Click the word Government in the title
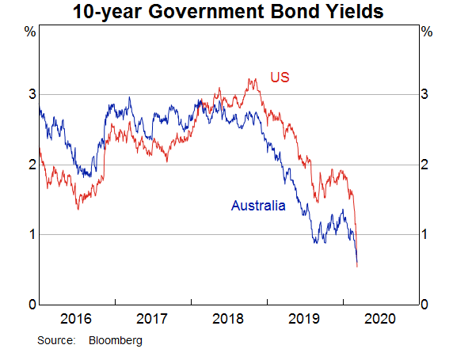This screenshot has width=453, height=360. [x=206, y=12]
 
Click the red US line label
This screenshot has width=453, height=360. [x=280, y=77]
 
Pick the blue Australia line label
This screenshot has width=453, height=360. [x=258, y=206]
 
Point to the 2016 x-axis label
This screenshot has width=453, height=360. [x=76, y=319]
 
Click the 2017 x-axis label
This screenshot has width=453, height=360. [x=152, y=319]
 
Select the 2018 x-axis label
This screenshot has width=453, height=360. [x=227, y=319]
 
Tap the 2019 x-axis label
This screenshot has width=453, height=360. [x=304, y=319]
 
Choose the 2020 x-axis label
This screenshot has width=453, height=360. [x=380, y=319]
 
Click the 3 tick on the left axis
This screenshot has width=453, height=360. [x=32, y=94]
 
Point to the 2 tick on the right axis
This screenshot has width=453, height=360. [x=424, y=165]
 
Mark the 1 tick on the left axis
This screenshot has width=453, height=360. [x=32, y=234]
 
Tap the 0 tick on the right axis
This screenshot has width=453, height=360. [x=424, y=305]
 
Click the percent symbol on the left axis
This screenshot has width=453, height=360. [x=30, y=32]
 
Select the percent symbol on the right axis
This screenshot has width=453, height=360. [x=427, y=32]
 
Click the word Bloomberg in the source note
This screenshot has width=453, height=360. [x=116, y=341]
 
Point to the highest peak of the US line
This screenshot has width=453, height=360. [x=249, y=78]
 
